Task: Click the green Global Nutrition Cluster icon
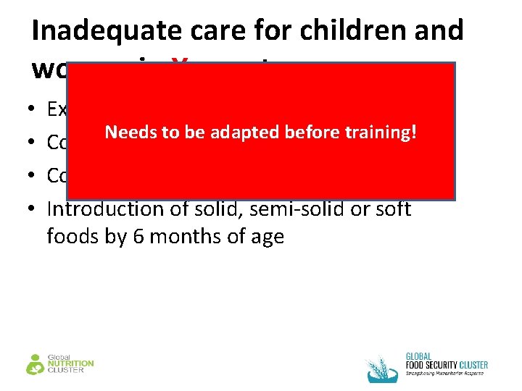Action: (x=36, y=363)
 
